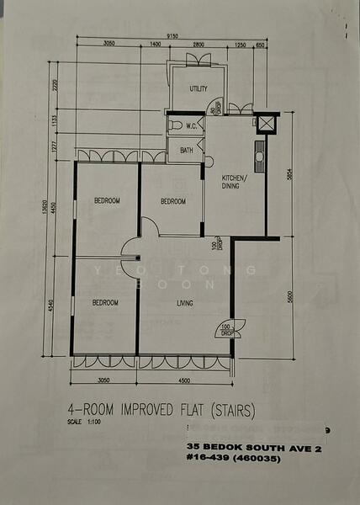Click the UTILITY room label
coord(199,88)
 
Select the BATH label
coord(185,151)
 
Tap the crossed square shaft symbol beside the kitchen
coord(267,125)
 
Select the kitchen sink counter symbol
coord(260,157)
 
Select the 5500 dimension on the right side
coord(289,297)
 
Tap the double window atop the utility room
coord(199,59)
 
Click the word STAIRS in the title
coord(232,411)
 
